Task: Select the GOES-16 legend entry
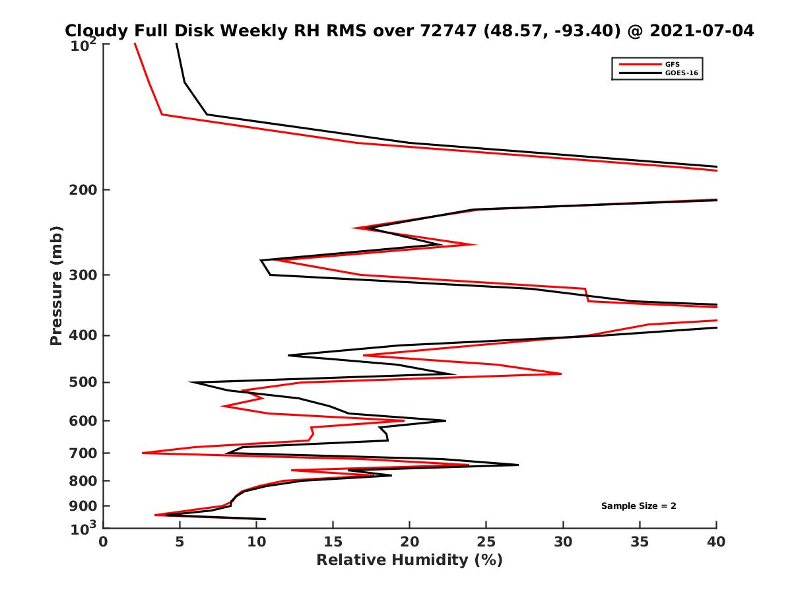681,73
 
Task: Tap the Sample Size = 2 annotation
638,506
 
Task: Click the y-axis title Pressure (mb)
56,285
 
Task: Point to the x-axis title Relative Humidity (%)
409,560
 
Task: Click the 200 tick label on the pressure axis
83,190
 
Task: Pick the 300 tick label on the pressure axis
83,275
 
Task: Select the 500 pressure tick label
83,383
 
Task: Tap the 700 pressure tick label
83,453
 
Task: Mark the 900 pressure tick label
83,506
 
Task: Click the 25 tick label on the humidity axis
486,542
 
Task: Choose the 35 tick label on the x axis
640,542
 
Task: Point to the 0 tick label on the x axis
104,542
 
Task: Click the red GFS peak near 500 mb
560,374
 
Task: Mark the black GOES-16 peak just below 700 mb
518,465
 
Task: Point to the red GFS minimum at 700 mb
143,453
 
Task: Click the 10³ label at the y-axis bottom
84,527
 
